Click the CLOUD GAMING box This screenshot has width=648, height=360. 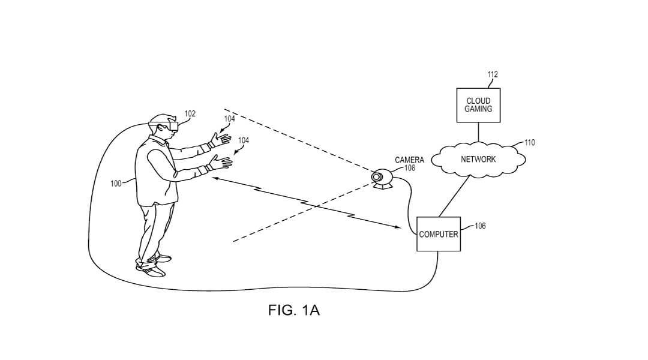point(478,105)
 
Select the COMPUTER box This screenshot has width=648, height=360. point(439,234)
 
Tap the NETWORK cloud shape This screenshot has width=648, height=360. point(478,160)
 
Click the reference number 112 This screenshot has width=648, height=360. point(492,74)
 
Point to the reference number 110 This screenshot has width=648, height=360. point(529,143)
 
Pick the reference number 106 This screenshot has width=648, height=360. point(480,226)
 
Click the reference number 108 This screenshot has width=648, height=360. point(410,169)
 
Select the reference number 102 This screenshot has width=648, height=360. point(190,113)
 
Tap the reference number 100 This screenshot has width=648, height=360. point(116,183)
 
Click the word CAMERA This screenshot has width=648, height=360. point(409,160)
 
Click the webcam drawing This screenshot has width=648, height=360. point(382,178)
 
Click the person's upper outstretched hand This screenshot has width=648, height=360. point(221,140)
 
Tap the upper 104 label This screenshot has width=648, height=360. point(230,119)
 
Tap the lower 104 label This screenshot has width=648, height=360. point(244,140)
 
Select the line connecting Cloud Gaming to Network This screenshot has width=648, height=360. point(478,133)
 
